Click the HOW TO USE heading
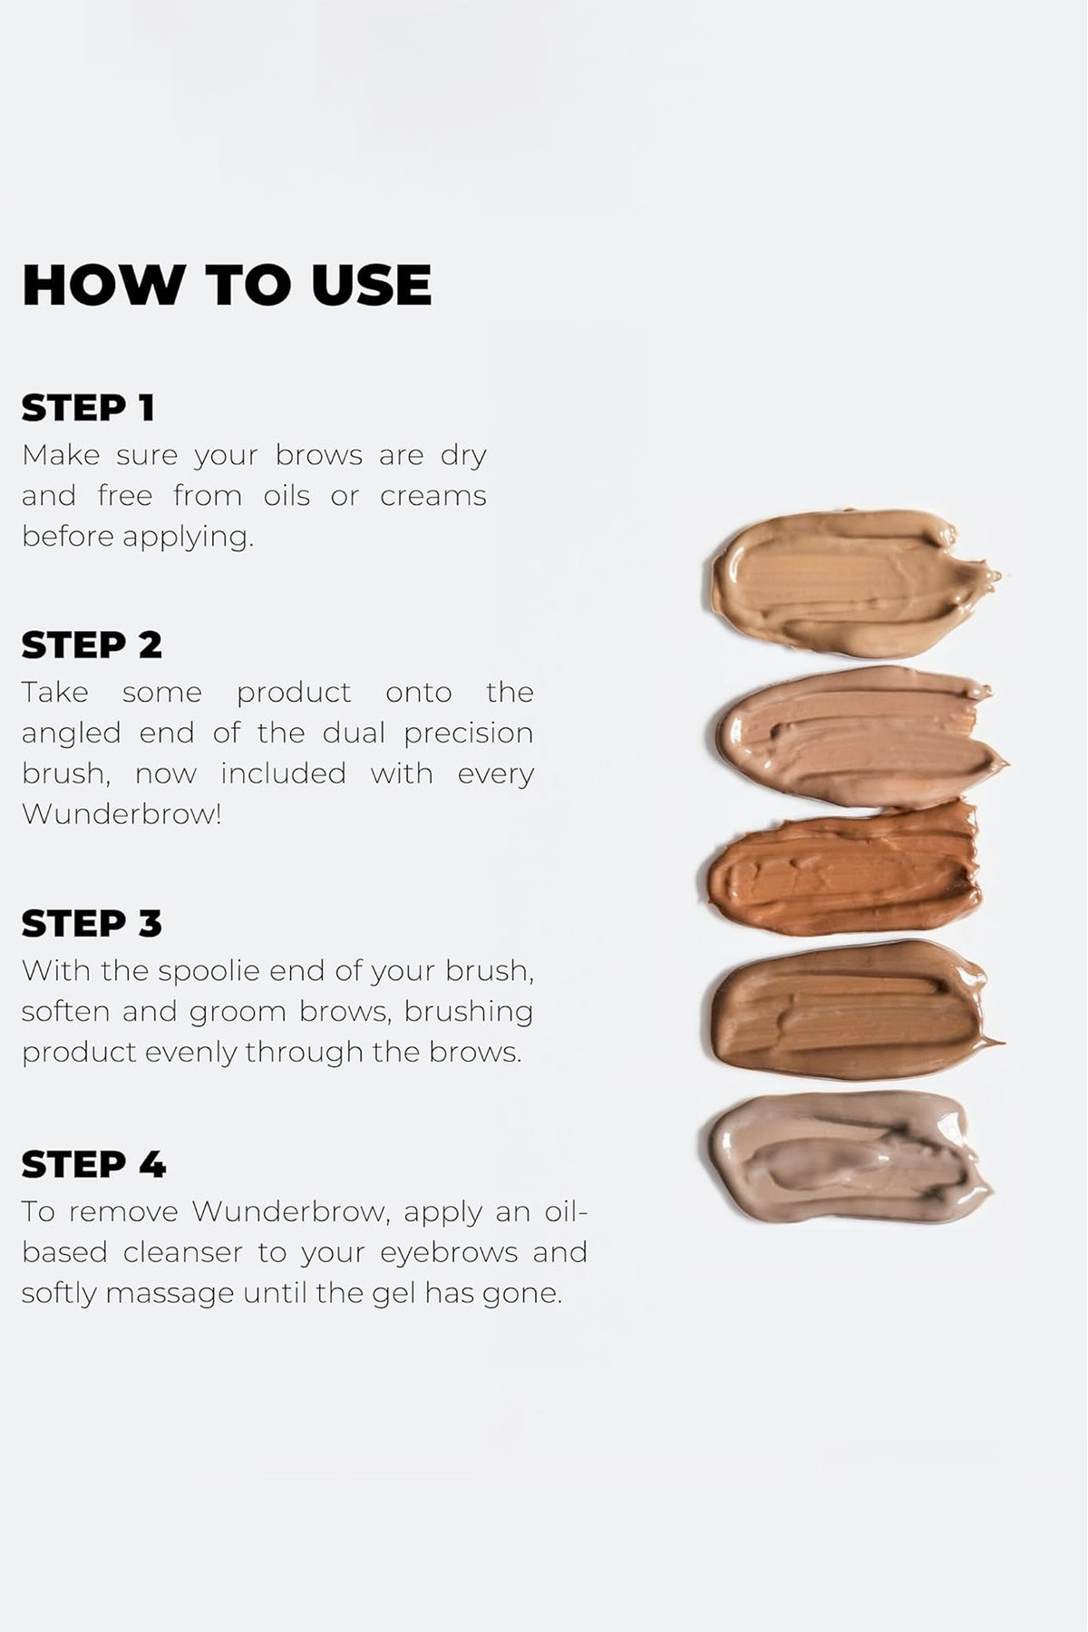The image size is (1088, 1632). coord(227,285)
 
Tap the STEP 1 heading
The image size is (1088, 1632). coord(88,408)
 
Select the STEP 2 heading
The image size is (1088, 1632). coord(92,646)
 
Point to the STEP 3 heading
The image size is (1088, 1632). coord(92,924)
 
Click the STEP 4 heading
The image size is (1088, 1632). coord(93,1165)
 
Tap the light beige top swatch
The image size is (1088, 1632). coord(852,583)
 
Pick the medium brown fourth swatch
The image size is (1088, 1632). coord(855,1010)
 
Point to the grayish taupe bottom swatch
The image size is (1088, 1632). coord(850,1156)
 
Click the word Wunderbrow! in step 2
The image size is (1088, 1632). coord(121,814)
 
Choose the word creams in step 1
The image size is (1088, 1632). coord(433,497)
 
